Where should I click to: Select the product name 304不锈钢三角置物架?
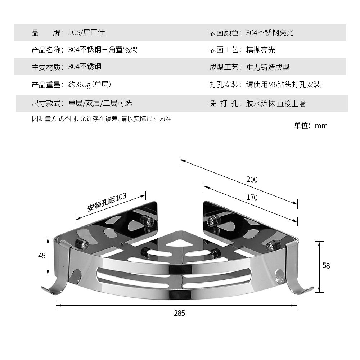point(103,50)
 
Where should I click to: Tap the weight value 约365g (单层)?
point(90,85)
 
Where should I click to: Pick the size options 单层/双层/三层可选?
point(100,103)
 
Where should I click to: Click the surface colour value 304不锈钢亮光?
point(270,33)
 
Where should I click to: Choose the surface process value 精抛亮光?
point(260,50)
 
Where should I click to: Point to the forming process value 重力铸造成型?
point(267,67)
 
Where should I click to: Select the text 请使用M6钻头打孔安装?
point(283,85)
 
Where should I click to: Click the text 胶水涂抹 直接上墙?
point(276,104)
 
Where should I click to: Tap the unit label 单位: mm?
point(311,126)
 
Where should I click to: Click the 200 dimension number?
point(252,179)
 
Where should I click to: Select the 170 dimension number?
point(252,197)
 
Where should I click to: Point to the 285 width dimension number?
point(179,313)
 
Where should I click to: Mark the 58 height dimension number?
point(326,266)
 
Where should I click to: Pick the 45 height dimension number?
point(42,256)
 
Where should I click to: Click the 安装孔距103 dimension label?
point(107,202)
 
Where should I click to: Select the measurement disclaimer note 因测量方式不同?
point(102,119)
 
